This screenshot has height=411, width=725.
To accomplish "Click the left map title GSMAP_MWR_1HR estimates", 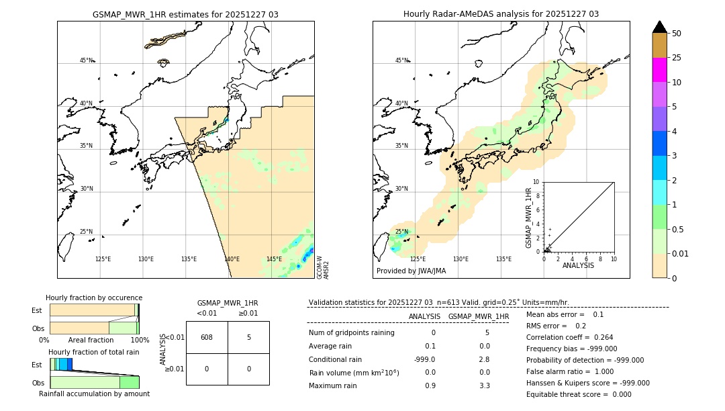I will pos(185,14).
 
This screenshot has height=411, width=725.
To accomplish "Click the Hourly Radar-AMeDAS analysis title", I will pos(501,14).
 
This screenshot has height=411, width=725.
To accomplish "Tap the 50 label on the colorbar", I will pos(677,34).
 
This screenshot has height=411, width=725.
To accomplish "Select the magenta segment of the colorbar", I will pos(659,70).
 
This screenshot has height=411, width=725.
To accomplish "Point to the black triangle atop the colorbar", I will pos(659,27).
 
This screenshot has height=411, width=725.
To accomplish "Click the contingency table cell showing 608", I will pos(207,337).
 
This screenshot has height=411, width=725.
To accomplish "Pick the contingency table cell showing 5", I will pos(248,337).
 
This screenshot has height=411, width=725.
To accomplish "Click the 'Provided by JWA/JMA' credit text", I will pos(411,271).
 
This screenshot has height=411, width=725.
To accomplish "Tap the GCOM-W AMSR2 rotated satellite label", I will pos(322,267).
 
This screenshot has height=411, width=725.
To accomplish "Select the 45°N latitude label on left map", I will pos(86,60).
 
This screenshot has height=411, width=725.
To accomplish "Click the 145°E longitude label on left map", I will pos(274,259).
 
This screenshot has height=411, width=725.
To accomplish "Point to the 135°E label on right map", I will pos(503,259).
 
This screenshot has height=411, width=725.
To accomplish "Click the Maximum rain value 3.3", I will pos(484,385).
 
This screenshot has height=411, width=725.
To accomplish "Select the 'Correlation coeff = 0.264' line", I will pos(569,337).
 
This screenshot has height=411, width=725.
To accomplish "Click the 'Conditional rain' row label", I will pos(335,359).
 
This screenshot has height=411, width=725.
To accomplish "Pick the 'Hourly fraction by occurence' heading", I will pos(94,298).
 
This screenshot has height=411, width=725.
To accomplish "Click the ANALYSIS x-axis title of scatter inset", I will pos(578,265).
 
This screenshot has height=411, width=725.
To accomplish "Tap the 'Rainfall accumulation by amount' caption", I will pos(94,394).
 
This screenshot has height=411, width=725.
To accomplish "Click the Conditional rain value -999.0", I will pos(424,359).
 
